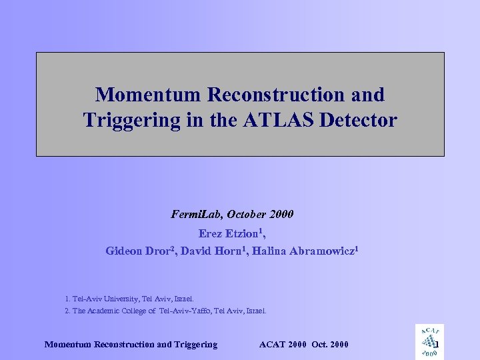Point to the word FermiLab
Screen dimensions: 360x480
[197, 215]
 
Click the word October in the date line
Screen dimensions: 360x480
[247, 215]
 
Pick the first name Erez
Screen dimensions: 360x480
[211, 233]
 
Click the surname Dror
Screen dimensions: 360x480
[162, 251]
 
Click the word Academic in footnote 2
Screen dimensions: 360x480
[105, 311]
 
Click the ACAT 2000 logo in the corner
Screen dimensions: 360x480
[429, 341]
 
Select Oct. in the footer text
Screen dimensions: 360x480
[320, 345]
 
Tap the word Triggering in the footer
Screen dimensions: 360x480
[194, 345]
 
